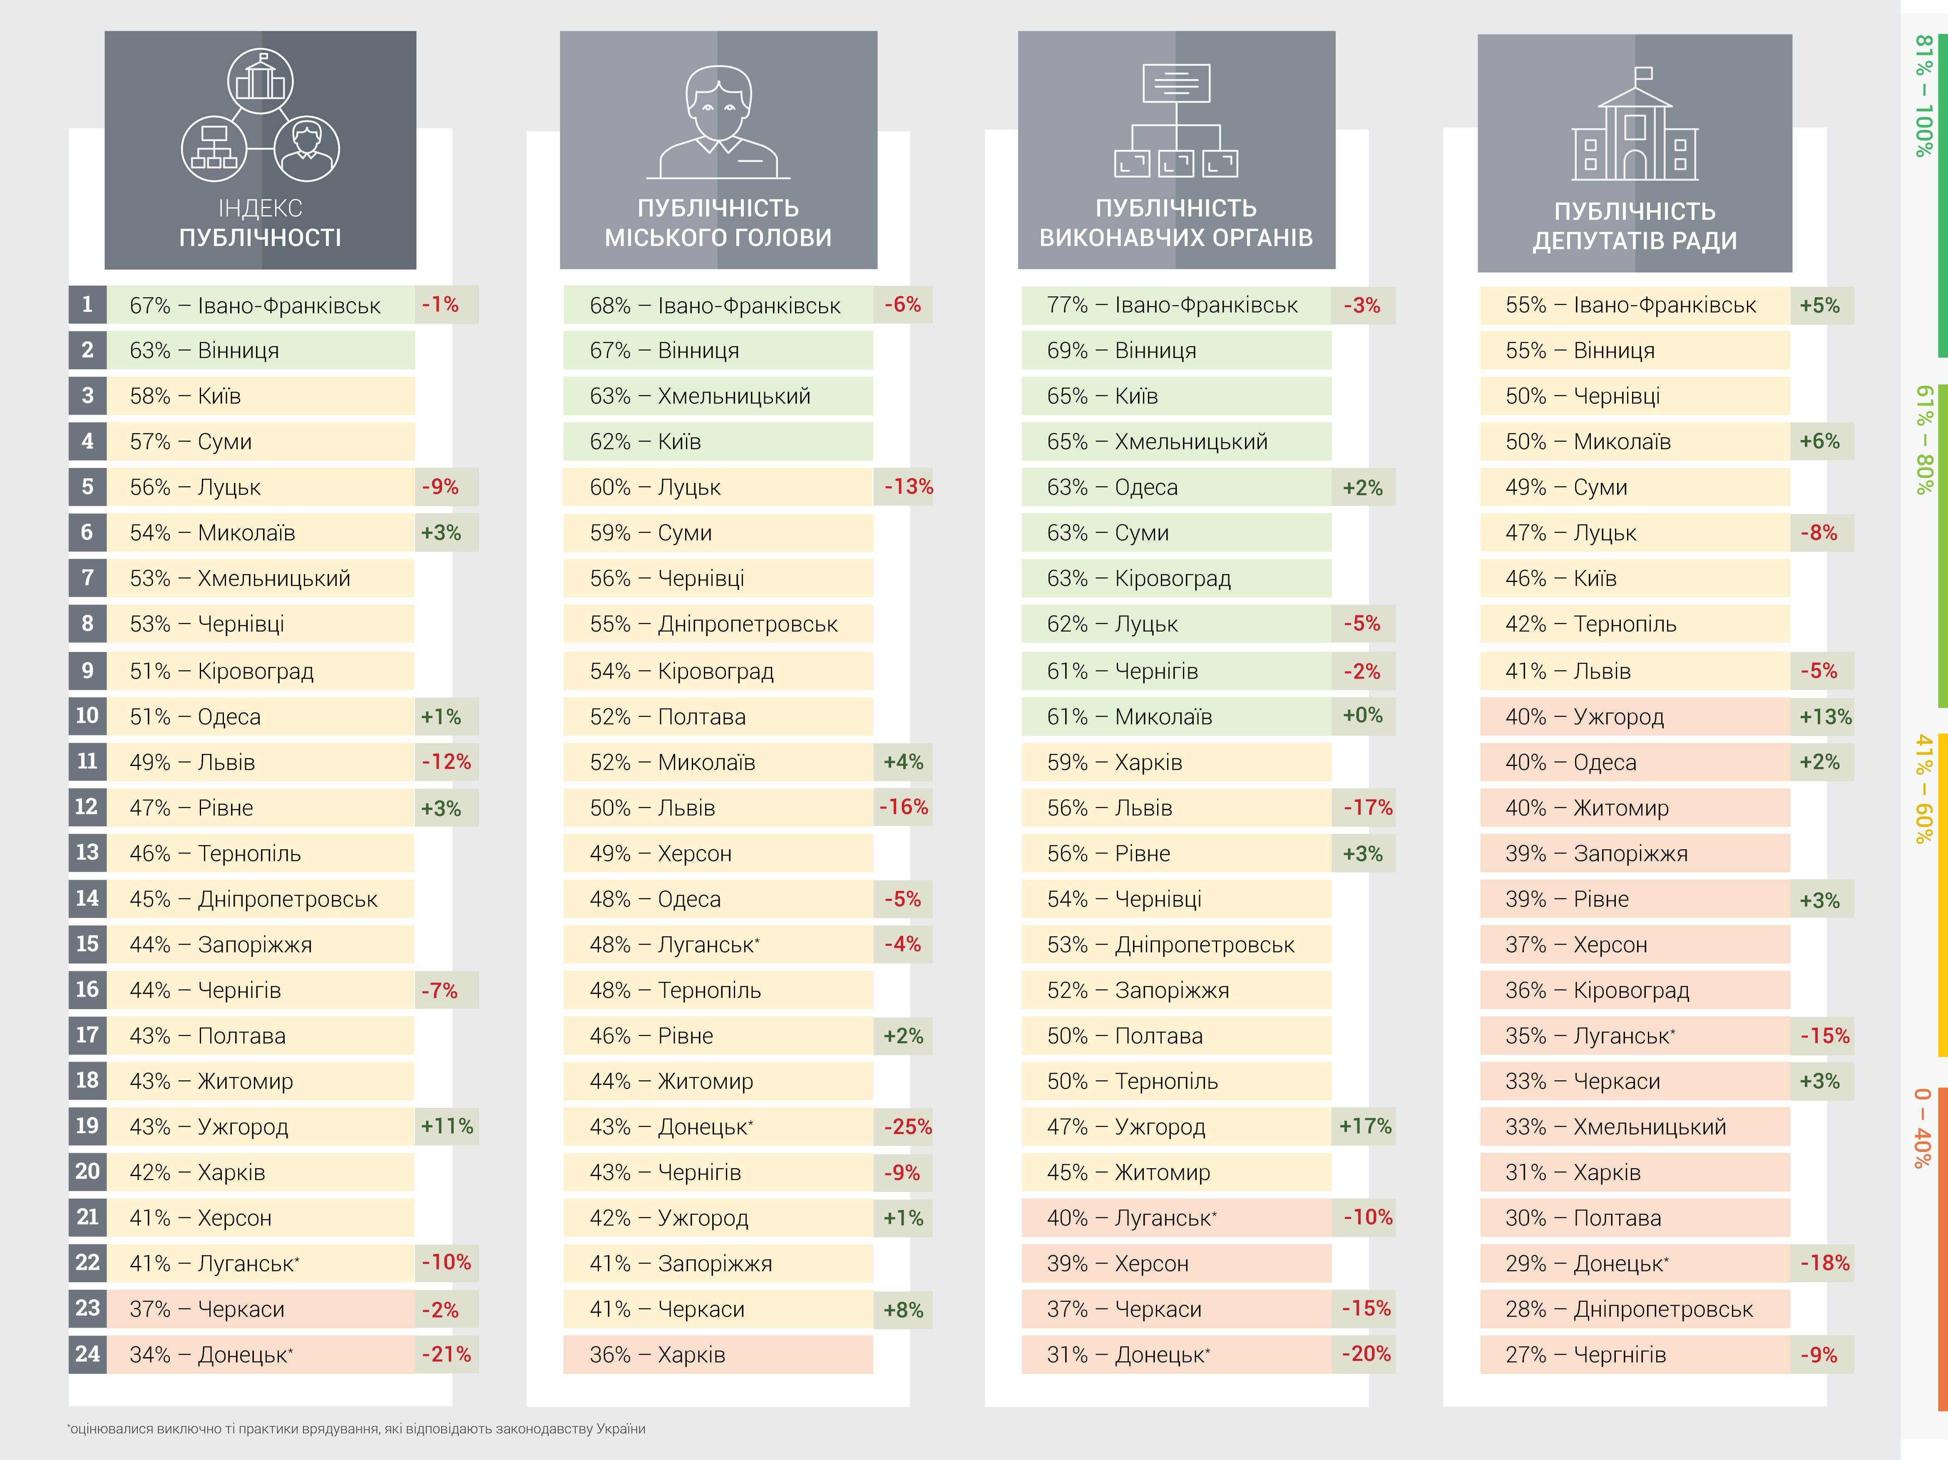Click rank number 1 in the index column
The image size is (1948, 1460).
point(87,305)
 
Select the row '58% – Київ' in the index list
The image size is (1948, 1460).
point(260,396)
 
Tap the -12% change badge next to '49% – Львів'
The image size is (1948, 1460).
point(447,762)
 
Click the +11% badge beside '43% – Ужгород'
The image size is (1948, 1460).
point(447,1126)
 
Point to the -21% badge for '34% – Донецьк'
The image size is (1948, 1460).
point(447,1354)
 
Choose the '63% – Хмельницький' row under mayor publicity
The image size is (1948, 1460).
point(718,396)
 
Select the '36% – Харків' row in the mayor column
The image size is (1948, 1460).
point(718,1354)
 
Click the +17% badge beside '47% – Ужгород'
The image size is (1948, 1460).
point(1364,1126)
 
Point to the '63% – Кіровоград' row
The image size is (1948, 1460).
point(1176,579)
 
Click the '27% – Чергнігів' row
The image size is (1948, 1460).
point(1635,1354)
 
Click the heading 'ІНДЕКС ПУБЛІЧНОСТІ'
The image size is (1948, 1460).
point(260,223)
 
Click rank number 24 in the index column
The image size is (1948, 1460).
point(87,1354)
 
